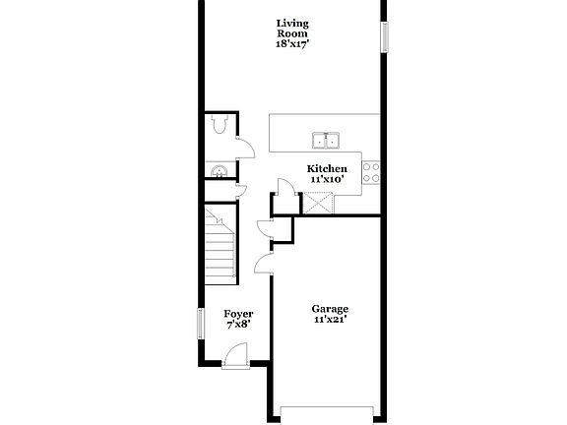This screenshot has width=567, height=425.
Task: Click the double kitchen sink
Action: point(326,140)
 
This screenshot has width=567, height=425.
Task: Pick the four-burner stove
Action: point(371,173)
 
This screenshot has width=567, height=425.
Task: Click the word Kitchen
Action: point(327,169)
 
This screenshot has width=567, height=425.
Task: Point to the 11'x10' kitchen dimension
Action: point(327,180)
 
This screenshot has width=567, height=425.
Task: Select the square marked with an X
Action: point(319,203)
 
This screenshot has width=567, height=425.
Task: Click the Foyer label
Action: point(238,314)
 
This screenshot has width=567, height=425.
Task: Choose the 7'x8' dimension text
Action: point(238,325)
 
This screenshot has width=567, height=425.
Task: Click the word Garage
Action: point(330,308)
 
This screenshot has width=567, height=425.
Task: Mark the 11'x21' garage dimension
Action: point(330,319)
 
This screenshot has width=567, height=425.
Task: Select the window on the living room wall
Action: point(385,35)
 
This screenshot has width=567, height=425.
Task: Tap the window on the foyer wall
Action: point(201,322)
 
